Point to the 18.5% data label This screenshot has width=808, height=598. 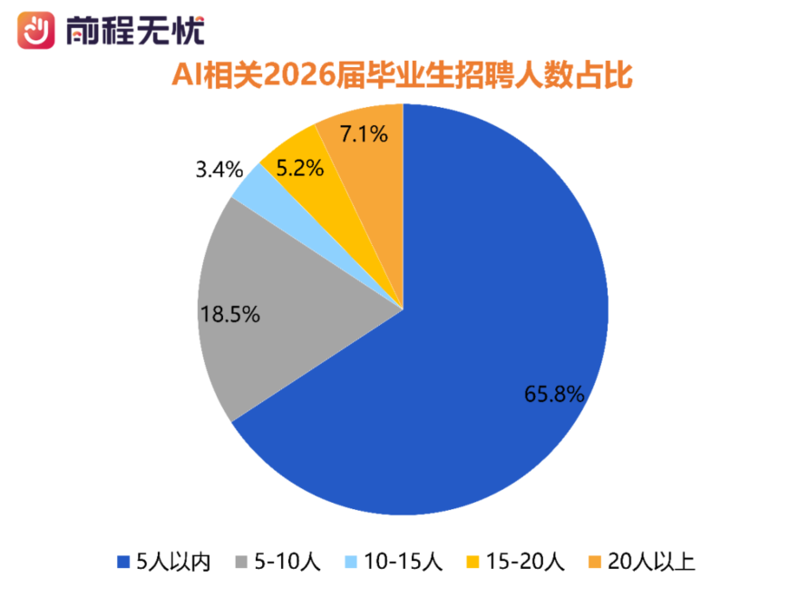click(x=230, y=315)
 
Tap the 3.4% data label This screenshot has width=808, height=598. click(x=219, y=169)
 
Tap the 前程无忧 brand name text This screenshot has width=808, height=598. click(x=134, y=32)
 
